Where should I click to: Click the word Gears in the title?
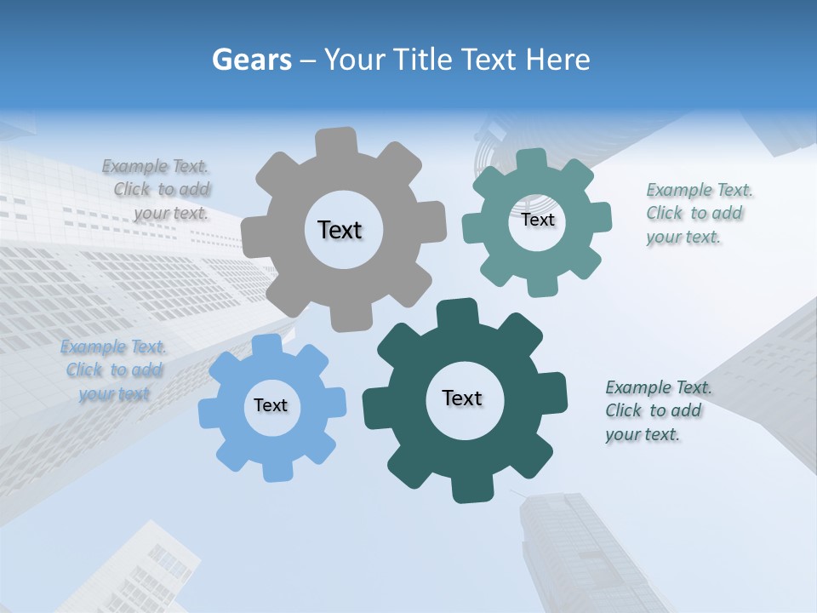[250, 60]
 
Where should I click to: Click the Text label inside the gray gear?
[340, 230]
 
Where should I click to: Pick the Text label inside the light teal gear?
[537, 220]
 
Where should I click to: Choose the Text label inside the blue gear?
[271, 406]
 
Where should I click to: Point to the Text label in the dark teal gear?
[462, 398]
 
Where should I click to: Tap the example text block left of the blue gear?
[113, 370]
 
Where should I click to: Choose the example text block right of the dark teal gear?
[656, 411]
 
